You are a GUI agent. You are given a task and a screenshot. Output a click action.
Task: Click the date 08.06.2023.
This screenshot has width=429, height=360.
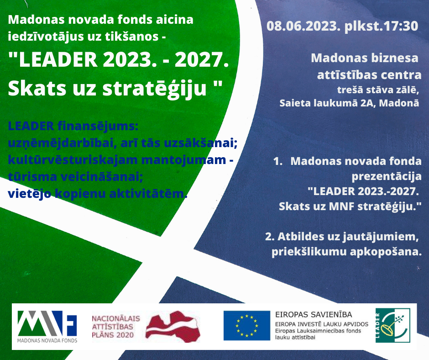pyautogui.click(x=302, y=26)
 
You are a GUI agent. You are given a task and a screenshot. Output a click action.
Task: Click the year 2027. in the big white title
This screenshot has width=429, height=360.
pyautogui.click(x=202, y=59)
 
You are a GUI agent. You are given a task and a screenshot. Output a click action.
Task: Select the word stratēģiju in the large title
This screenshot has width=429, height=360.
pyautogui.click(x=154, y=88)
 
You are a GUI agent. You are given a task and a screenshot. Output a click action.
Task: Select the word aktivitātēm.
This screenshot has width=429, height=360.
pyautogui.click(x=148, y=194)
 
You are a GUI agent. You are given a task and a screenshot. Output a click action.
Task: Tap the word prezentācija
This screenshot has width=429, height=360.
pyautogui.click(x=386, y=176)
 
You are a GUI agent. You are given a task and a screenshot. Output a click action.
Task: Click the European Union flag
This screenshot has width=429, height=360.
pyautogui.click(x=247, y=325)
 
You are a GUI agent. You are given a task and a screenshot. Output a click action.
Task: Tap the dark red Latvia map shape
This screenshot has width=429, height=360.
pyautogui.click(x=173, y=326)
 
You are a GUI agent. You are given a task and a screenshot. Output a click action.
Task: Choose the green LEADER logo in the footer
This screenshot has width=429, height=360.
pyautogui.click(x=392, y=325)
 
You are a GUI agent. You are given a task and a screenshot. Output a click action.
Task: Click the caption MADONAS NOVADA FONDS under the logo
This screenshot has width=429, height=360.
pyautogui.click(x=47, y=340)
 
